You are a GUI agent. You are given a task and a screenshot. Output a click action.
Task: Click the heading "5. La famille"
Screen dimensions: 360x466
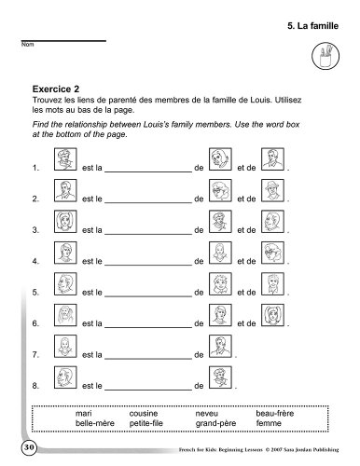[312, 26]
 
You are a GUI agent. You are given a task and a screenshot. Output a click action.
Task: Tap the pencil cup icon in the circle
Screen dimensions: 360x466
[325, 56]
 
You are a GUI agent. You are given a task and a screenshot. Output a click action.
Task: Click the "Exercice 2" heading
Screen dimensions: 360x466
[56, 89]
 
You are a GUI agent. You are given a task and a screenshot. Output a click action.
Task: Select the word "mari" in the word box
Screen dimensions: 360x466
[84, 414]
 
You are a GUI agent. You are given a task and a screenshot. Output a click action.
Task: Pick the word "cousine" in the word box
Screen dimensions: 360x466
[144, 414]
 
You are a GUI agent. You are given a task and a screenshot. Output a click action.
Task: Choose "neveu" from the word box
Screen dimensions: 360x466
[207, 414]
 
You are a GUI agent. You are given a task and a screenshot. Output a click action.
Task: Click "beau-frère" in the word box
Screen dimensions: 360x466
[275, 414]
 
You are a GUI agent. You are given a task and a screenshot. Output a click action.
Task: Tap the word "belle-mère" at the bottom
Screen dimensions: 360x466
[95, 423]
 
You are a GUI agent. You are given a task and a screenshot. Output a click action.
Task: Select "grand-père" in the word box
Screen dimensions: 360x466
[215, 423]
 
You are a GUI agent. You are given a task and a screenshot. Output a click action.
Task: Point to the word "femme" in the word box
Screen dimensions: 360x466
[269, 423]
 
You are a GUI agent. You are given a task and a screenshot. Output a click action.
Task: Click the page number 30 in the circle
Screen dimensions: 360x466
[29, 447]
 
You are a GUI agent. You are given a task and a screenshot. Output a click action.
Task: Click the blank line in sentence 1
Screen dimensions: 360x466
[148, 171]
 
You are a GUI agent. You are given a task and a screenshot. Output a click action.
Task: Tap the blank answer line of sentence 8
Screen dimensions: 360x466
[148, 390]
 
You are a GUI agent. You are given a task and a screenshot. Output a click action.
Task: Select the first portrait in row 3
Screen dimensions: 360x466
[65, 221]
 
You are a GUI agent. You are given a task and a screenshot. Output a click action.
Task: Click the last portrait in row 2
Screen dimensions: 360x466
[272, 190]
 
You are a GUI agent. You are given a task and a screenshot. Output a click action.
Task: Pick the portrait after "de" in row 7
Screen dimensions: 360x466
[220, 346]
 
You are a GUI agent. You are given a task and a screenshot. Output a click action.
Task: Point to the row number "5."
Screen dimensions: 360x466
[35, 293]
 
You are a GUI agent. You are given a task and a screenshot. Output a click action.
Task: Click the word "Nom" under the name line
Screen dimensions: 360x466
[27, 45]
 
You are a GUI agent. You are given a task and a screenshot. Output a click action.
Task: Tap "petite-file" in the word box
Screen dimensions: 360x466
[146, 423]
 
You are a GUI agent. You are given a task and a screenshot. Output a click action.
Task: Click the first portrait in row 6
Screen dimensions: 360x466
[65, 315]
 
